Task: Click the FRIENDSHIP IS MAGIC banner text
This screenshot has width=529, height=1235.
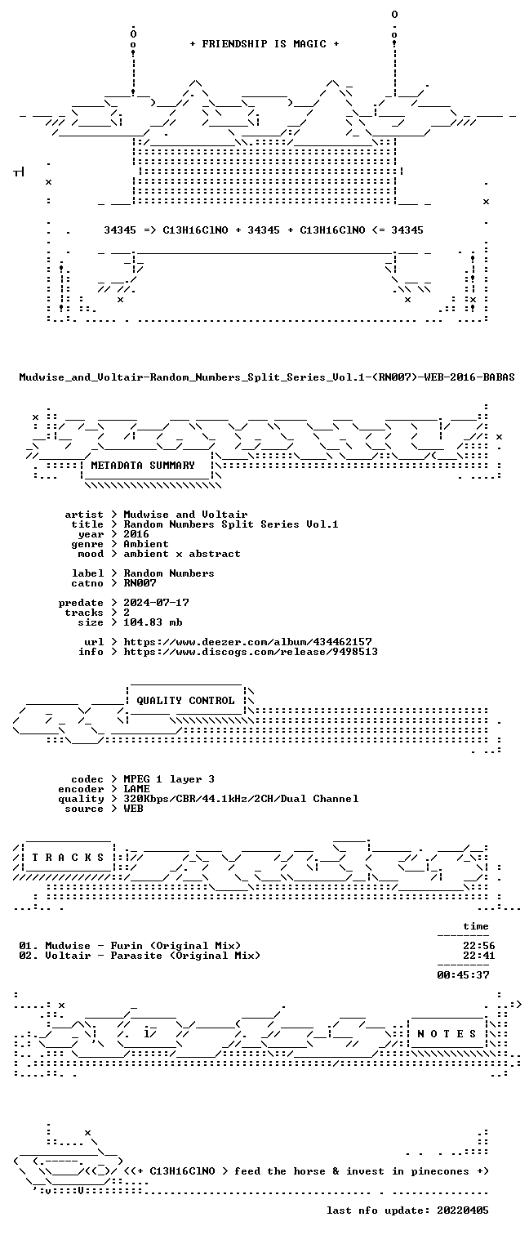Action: click(x=264, y=44)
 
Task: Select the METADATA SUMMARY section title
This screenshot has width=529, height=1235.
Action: click(x=143, y=466)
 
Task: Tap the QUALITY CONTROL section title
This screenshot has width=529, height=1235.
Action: click(x=185, y=701)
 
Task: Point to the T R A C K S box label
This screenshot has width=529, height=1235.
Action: click(x=68, y=858)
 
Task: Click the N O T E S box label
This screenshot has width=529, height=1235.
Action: click(x=447, y=1034)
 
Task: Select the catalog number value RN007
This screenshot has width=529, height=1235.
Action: click(x=140, y=583)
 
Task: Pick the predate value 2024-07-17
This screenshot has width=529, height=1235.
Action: click(x=157, y=603)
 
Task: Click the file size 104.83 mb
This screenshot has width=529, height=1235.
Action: click(x=153, y=622)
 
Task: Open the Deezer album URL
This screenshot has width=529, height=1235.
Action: click(x=248, y=642)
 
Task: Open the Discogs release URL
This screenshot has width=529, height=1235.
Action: click(x=251, y=653)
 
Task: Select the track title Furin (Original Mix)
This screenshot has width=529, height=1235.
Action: click(x=176, y=946)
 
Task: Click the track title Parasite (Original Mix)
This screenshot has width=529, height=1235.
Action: click(x=185, y=956)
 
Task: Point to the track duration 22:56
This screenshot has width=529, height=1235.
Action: click(x=479, y=946)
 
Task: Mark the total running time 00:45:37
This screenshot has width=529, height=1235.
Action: click(x=463, y=975)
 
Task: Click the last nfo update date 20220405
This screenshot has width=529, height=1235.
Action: click(x=463, y=1210)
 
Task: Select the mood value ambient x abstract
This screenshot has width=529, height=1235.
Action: click(x=182, y=554)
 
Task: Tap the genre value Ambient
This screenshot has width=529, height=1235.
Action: click(x=146, y=544)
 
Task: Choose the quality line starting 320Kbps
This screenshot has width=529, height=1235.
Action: click(x=241, y=799)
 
